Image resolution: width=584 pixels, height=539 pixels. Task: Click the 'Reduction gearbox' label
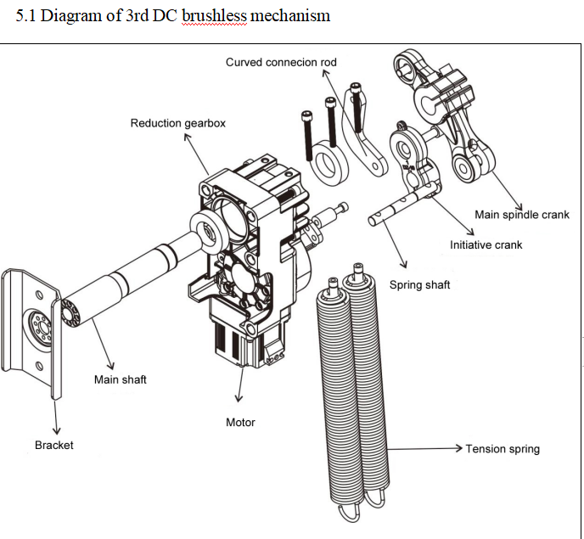pyautogui.click(x=178, y=123)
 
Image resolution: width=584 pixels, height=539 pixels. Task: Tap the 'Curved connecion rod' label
pyautogui.click(x=281, y=62)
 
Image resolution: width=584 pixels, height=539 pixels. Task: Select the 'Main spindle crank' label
pyautogui.click(x=522, y=215)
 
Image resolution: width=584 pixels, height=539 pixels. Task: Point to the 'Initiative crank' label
pyautogui.click(x=486, y=244)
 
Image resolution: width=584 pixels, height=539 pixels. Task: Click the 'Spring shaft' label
pyautogui.click(x=419, y=285)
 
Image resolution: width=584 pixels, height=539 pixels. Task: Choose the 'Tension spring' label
pyautogui.click(x=503, y=449)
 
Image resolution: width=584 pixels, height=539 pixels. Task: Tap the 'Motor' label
pyautogui.click(x=240, y=423)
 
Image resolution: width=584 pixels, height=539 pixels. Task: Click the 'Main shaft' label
pyautogui.click(x=121, y=379)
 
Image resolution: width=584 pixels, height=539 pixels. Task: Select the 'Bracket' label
pyautogui.click(x=54, y=445)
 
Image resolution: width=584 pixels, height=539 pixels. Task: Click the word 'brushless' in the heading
pyautogui.click(x=214, y=15)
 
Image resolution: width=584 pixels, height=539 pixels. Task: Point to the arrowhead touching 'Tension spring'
pyautogui.click(x=458, y=448)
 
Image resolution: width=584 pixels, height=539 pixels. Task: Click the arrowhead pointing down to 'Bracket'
pyautogui.click(x=56, y=430)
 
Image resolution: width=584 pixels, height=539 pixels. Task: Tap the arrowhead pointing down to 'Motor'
pyautogui.click(x=239, y=399)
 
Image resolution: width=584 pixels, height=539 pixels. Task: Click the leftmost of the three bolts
pyautogui.click(x=307, y=136)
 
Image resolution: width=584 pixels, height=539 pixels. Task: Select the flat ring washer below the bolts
pyautogui.click(x=330, y=163)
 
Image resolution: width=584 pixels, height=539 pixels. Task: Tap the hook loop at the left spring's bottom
pyautogui.click(x=349, y=512)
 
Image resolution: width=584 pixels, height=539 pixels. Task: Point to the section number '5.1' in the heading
pyautogui.click(x=25, y=15)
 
